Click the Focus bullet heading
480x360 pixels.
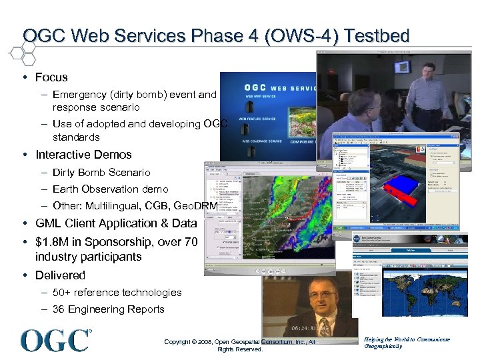pos(51,77)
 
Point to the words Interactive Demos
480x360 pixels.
pos(83,155)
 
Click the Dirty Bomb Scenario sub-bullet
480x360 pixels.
pos(101,172)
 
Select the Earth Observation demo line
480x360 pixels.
pos(110,189)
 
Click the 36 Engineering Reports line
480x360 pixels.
pos(108,309)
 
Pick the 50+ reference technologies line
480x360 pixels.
pos(117,292)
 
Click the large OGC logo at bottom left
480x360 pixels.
pos(56,340)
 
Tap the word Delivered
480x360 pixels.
pos(60,275)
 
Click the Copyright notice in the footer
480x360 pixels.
pos(240,345)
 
